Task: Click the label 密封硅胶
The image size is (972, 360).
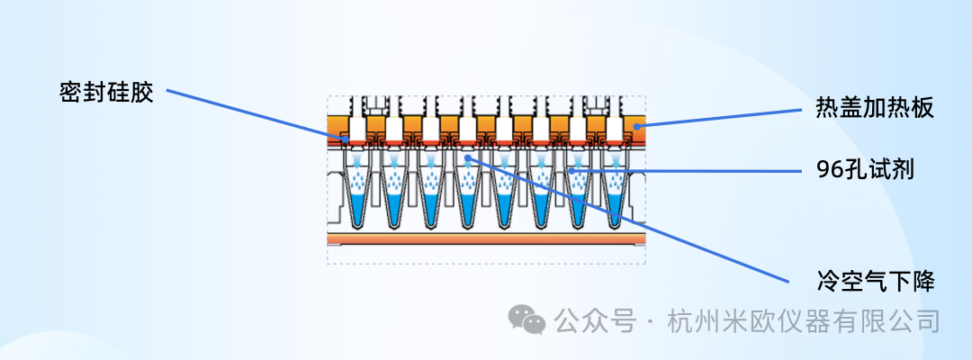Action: pyautogui.click(x=106, y=94)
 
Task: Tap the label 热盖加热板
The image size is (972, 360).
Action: pyautogui.click(x=875, y=109)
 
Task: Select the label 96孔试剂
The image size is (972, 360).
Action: pyautogui.click(x=866, y=170)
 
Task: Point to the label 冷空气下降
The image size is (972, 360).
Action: pyautogui.click(x=875, y=282)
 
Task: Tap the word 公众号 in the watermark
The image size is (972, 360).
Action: pyautogui.click(x=596, y=321)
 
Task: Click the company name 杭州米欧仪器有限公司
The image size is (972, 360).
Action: pyautogui.click(x=804, y=321)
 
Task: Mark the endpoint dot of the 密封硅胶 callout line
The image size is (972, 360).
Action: pyautogui.click(x=346, y=139)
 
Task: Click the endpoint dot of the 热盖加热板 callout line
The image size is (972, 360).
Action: pyautogui.click(x=636, y=126)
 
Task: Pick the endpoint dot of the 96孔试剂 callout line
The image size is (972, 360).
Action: pyautogui.click(x=571, y=168)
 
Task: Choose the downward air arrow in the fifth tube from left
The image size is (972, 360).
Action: pyautogui.click(x=505, y=161)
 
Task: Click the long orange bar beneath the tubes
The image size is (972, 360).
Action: pyautogui.click(x=487, y=239)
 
